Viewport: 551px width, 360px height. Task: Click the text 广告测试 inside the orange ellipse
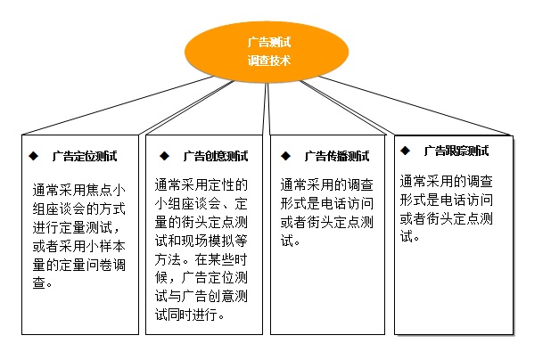point(269,42)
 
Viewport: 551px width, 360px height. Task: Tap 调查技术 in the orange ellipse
point(269,61)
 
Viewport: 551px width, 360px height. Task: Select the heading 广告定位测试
point(85,156)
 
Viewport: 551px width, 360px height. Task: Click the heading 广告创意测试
point(216,156)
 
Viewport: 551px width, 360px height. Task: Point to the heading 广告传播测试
point(337,156)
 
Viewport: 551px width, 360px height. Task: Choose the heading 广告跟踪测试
point(456,151)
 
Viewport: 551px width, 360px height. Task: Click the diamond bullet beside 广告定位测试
point(34,156)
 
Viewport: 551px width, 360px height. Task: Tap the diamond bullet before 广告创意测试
point(164,156)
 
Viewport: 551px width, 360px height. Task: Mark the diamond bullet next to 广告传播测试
point(285,156)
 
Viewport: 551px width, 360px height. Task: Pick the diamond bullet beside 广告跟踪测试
point(405,151)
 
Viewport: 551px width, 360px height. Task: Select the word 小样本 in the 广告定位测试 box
point(105,246)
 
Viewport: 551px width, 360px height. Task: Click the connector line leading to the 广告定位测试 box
point(118,105)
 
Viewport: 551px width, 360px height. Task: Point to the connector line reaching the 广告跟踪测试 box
point(415,105)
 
